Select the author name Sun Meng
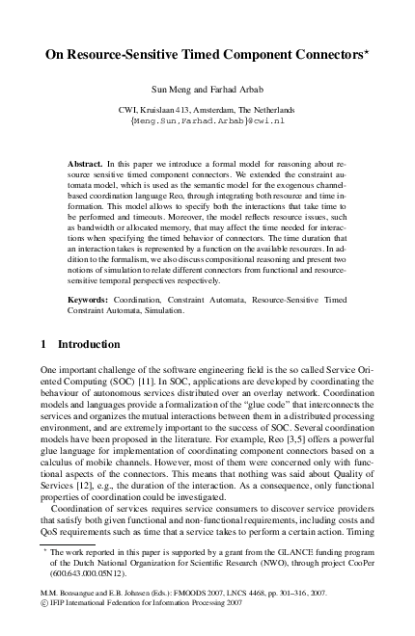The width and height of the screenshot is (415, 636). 164,88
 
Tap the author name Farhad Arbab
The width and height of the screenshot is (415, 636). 228,88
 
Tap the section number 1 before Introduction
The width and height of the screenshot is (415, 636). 43,344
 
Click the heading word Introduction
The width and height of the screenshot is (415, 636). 93,344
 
